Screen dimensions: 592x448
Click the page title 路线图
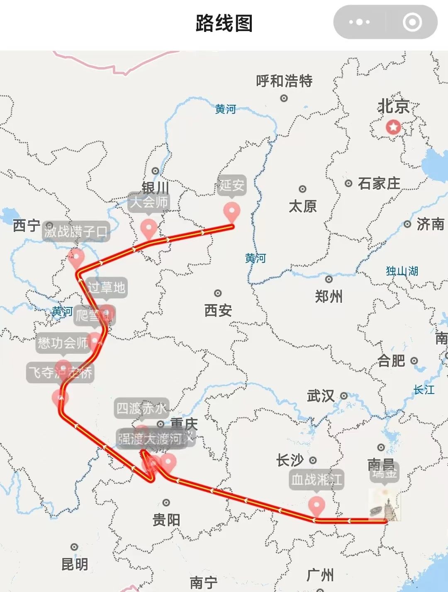pos(224,23)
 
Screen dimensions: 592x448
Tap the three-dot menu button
pos(359,22)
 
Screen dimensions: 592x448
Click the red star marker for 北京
pos(393,127)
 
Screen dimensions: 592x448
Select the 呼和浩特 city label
pos(284,81)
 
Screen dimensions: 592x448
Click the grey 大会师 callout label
pos(149,202)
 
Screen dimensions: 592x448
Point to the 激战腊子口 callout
pos(76,231)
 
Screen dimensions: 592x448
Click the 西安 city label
pos(218,310)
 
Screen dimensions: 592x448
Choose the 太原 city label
pos(303,206)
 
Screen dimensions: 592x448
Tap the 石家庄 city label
pos(379,183)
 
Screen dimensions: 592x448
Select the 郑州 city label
pos(329,297)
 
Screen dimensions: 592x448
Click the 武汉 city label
pos(321,396)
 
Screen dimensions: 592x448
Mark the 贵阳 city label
pos(166,520)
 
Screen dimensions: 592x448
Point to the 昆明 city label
pos(75,564)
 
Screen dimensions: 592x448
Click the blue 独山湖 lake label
pos(402,271)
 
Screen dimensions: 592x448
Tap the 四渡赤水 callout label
pos(141,408)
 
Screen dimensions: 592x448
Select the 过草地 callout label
pos(106,287)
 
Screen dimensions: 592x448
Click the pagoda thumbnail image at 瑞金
pos(385,505)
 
